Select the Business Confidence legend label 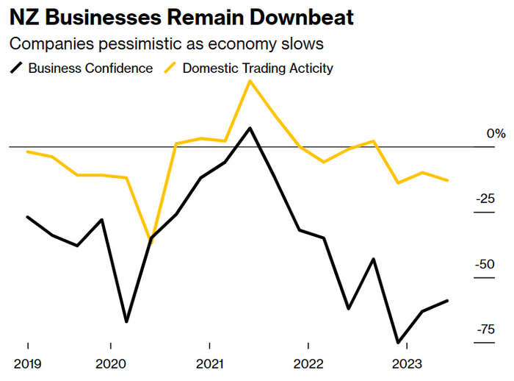[x=90, y=68]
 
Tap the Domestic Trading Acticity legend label [x=258, y=68]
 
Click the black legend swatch [x=16, y=68]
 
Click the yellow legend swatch [x=171, y=68]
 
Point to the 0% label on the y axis [x=496, y=134]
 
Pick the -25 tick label [x=485, y=199]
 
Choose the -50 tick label [x=485, y=264]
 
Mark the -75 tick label [x=485, y=330]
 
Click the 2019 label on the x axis [x=27, y=364]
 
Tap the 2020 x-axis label [x=110, y=364]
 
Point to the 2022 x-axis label [x=308, y=364]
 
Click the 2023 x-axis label [x=406, y=364]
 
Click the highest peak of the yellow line [x=250, y=80]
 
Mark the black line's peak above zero [x=250, y=128]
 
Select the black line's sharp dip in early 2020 [x=126, y=321]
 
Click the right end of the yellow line [x=448, y=180]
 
